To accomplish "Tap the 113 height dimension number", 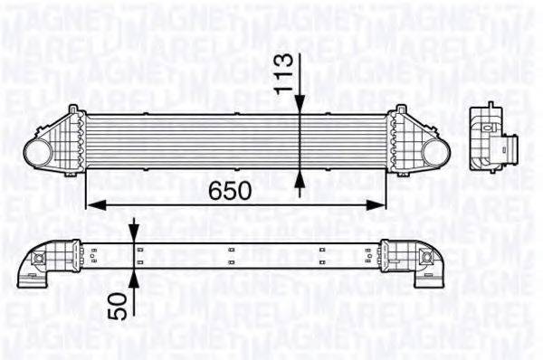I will point(284,70).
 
